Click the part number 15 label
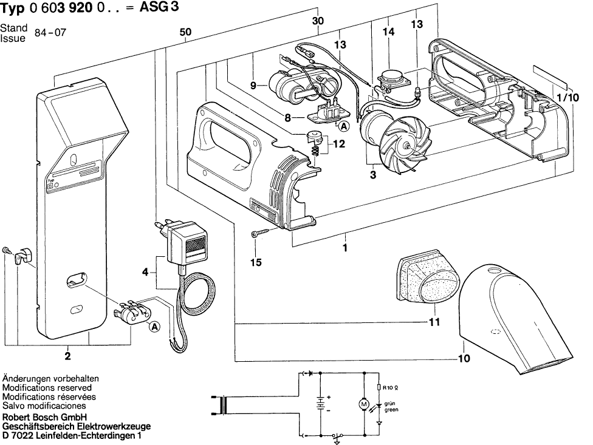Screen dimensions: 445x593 [256, 262]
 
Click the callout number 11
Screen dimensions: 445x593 [433, 322]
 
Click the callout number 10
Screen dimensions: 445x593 [464, 358]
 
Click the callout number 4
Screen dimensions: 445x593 [145, 272]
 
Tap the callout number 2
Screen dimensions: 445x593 [68, 356]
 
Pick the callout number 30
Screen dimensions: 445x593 [317, 21]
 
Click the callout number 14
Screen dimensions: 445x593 [389, 32]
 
